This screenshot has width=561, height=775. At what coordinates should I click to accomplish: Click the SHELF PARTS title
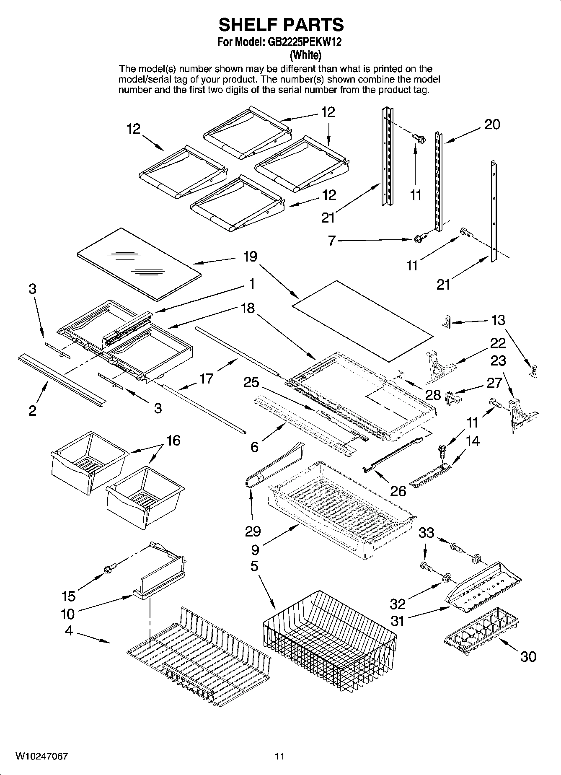point(281,25)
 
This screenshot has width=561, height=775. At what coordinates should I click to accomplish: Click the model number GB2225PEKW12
point(301,42)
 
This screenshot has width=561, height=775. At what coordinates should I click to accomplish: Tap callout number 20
point(492,124)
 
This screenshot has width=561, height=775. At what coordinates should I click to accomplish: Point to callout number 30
point(528,656)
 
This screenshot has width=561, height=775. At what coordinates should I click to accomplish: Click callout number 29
point(253,531)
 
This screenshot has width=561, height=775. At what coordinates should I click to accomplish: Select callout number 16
point(173,441)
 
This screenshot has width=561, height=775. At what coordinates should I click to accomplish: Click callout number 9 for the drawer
point(255,549)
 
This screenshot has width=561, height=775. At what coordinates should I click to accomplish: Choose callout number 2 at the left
point(33,411)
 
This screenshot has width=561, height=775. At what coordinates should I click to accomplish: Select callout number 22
point(498,343)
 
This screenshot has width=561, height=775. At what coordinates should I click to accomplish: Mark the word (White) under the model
point(306,54)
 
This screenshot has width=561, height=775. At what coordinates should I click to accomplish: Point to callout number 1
point(252,284)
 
